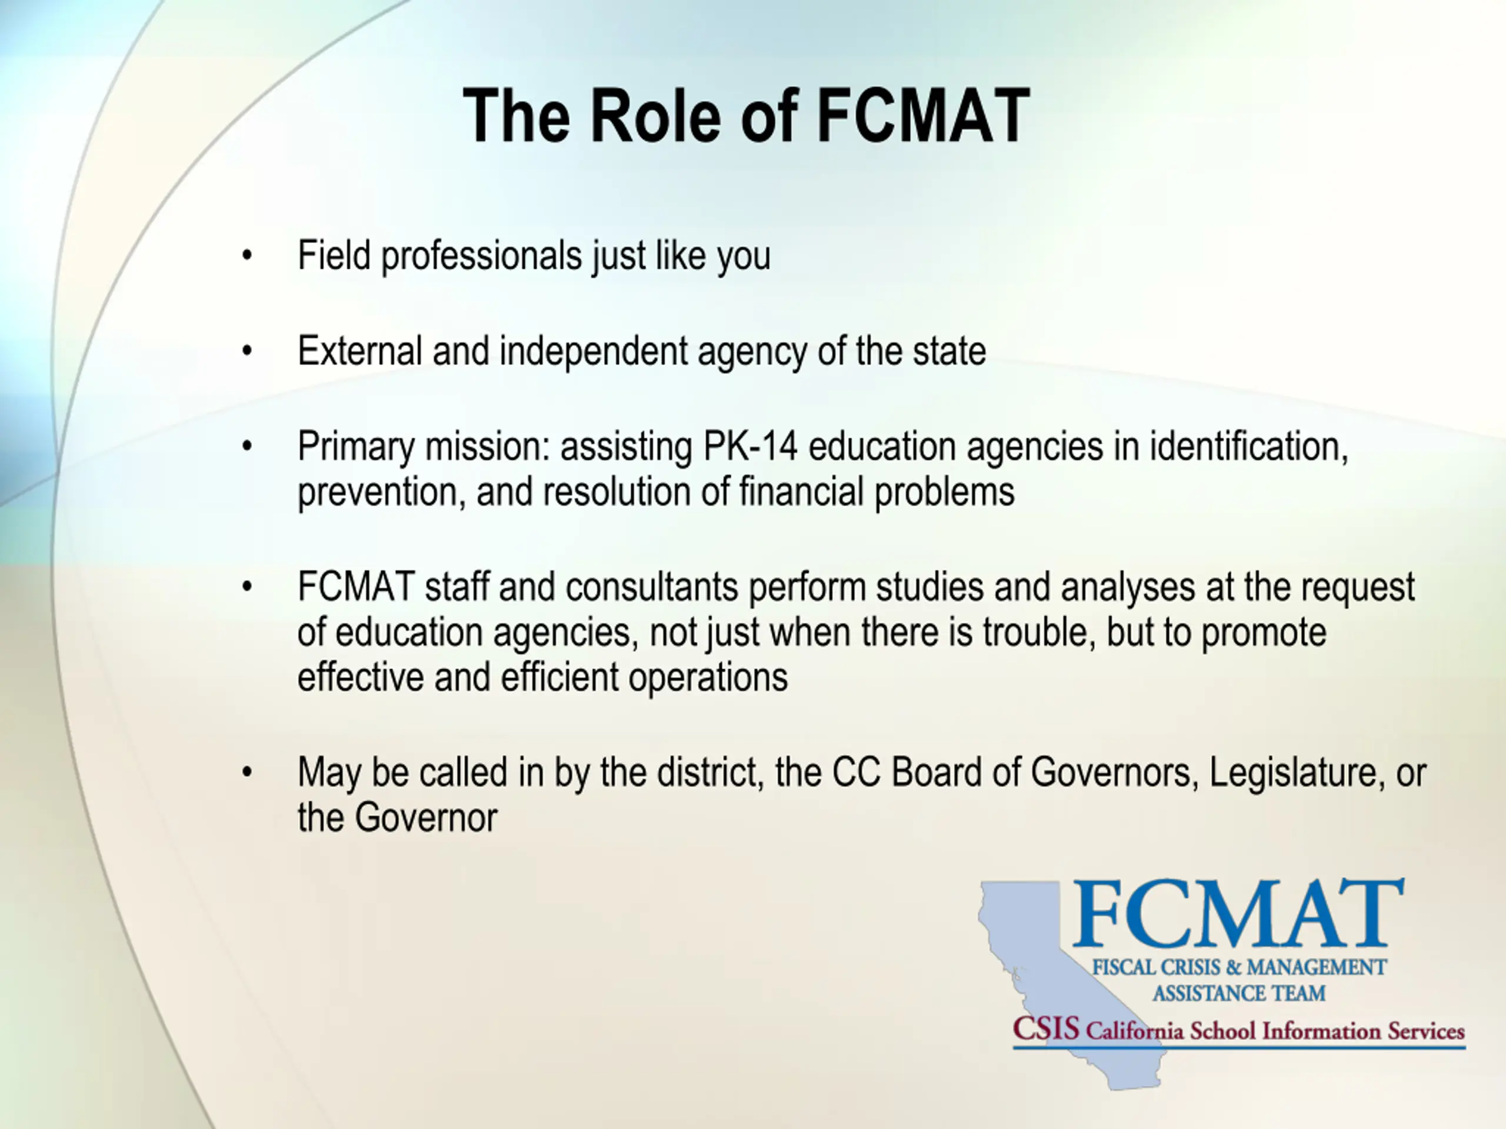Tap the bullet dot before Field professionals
point(247,256)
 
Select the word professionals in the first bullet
point(481,256)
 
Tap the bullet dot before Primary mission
point(247,446)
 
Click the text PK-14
point(750,447)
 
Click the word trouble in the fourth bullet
point(1039,632)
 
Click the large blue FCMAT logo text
point(1238,913)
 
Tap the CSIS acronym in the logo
point(1046,1028)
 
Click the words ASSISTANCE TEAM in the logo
point(1239,994)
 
